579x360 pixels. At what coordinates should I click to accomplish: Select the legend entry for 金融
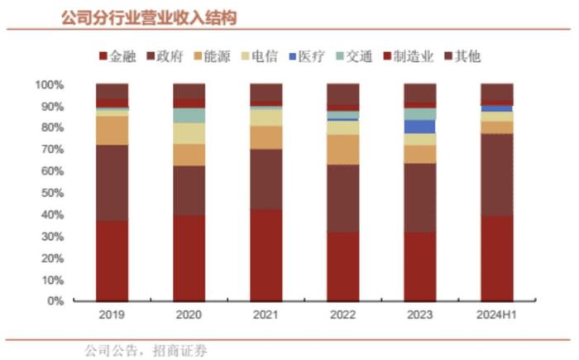click(x=122, y=56)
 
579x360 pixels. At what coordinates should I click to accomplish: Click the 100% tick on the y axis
click(x=49, y=85)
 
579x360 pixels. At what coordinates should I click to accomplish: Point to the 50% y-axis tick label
click(x=51, y=194)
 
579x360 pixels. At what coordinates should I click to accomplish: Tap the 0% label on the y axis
click(x=55, y=301)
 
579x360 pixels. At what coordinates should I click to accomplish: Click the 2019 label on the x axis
click(x=112, y=316)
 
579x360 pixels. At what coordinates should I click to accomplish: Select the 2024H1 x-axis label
click(x=496, y=316)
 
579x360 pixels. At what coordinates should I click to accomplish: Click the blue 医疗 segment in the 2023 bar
click(x=419, y=127)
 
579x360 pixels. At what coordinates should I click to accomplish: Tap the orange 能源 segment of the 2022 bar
click(x=342, y=149)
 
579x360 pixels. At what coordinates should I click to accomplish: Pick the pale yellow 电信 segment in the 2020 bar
click(x=189, y=133)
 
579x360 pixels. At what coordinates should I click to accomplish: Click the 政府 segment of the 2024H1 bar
click(x=496, y=175)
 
